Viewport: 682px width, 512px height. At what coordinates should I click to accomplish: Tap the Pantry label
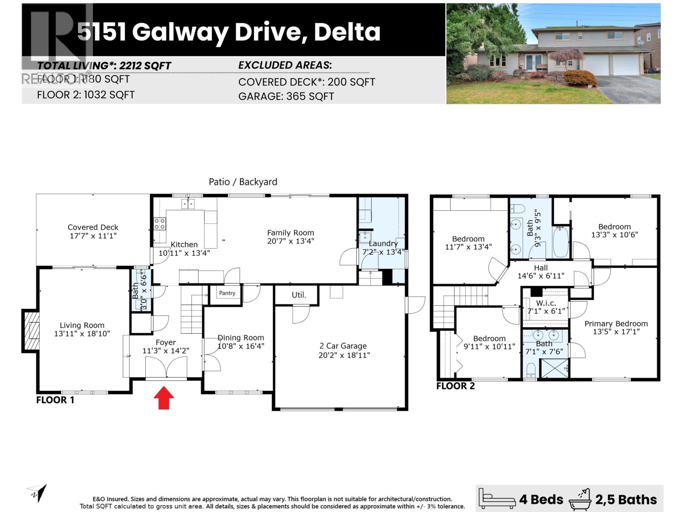click(x=227, y=293)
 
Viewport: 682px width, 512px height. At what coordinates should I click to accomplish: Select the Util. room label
click(x=299, y=295)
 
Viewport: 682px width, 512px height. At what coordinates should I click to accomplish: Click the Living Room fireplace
click(x=31, y=331)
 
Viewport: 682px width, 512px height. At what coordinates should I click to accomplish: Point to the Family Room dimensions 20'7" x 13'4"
click(x=290, y=241)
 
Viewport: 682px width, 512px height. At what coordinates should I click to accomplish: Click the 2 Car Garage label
click(x=343, y=346)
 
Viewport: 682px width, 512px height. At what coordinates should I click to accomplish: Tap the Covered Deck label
click(x=93, y=227)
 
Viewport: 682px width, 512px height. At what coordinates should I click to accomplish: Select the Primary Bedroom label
click(x=616, y=324)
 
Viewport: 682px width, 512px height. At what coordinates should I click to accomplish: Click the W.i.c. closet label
click(x=546, y=303)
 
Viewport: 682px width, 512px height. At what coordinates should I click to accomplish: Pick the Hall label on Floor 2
click(x=541, y=268)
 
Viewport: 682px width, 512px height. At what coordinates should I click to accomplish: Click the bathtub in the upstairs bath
click(x=561, y=242)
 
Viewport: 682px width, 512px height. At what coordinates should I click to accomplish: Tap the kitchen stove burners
click(x=160, y=224)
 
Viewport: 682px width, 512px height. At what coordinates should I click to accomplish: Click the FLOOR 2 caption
click(x=455, y=386)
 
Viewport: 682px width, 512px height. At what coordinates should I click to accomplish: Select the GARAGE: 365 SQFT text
click(x=286, y=96)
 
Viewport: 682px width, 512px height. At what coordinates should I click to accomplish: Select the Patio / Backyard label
click(x=243, y=182)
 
